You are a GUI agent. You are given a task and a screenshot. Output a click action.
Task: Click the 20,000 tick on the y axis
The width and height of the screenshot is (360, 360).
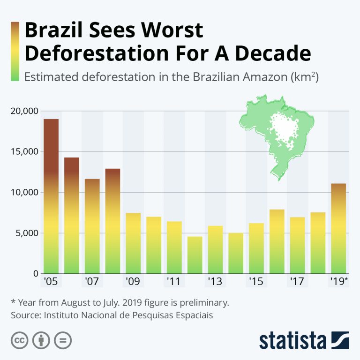point(23,111)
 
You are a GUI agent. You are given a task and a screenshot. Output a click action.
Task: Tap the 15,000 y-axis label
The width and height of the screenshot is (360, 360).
point(23,152)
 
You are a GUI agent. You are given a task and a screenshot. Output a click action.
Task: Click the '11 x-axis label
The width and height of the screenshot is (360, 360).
point(174,282)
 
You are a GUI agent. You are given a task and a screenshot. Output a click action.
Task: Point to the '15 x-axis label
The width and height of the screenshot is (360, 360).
point(256,282)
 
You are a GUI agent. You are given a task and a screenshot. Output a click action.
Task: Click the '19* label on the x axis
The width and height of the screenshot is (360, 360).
point(339,282)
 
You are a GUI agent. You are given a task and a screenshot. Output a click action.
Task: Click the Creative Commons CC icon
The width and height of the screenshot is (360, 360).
point(19,340)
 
